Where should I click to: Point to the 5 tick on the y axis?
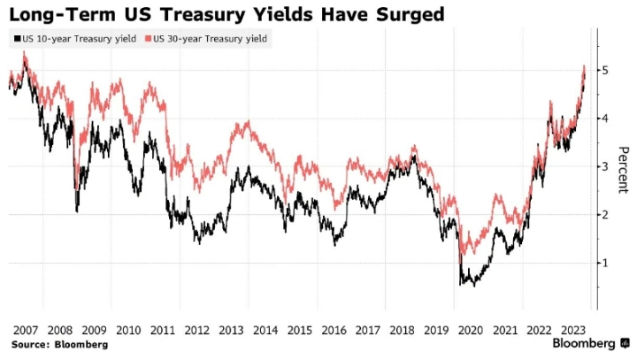pyautogui.click(x=606, y=70)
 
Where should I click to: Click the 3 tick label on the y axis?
pyautogui.click(x=606, y=166)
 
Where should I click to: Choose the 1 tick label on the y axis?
pyautogui.click(x=606, y=263)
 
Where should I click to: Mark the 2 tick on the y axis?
pyautogui.click(x=606, y=214)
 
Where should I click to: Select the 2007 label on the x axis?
pyautogui.click(x=24, y=329)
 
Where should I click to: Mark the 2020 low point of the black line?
pyautogui.click(x=474, y=285)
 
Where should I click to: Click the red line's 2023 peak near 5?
pyautogui.click(x=584, y=66)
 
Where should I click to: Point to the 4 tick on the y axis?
pyautogui.click(x=606, y=118)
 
